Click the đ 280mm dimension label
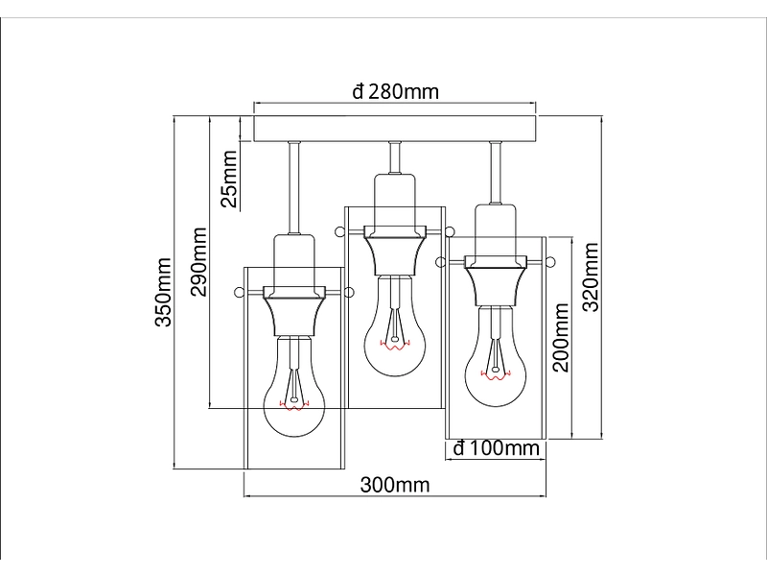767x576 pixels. [x=395, y=91]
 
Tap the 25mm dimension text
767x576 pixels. [x=229, y=179]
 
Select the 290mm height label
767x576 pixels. [x=198, y=261]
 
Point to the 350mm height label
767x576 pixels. [x=163, y=292]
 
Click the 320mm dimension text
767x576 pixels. [x=591, y=276]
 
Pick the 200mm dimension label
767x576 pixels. [x=561, y=338]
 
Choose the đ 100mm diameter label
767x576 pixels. [x=496, y=447]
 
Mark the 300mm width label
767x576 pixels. [x=395, y=485]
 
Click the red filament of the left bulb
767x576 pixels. [x=294, y=405]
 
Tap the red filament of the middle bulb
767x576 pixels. [x=395, y=346]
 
